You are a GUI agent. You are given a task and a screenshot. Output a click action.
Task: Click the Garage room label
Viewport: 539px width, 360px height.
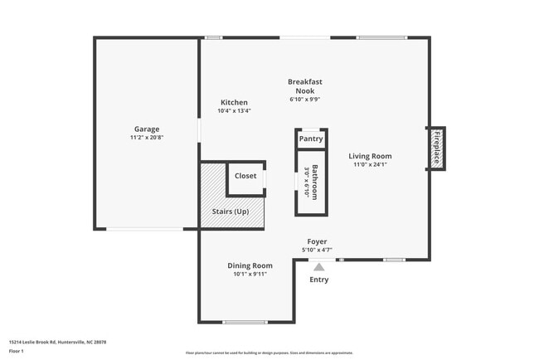[147, 129]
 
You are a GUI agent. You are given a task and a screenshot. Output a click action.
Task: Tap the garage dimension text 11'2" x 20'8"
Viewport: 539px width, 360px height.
[147, 138]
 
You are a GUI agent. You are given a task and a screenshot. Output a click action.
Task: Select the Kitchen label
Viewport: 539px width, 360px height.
[234, 102]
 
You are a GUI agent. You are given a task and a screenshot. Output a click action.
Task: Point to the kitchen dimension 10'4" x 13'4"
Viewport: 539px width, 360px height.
[234, 110]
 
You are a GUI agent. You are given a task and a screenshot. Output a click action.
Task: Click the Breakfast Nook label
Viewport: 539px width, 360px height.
[304, 85]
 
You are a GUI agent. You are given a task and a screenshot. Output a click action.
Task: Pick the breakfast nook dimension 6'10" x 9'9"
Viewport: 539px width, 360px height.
[304, 99]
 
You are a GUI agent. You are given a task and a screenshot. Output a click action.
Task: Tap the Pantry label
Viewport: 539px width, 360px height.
[311, 139]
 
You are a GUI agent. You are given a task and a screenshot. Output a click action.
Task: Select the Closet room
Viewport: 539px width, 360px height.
[245, 176]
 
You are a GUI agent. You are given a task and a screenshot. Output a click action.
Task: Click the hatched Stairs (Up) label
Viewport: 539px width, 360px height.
[231, 212]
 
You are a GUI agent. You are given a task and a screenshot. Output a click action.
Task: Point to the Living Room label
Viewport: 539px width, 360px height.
[370, 156]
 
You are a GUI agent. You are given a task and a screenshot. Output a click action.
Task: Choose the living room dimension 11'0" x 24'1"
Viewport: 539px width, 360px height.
[370, 164]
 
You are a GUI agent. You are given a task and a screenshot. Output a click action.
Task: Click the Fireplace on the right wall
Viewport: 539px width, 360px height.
[436, 148]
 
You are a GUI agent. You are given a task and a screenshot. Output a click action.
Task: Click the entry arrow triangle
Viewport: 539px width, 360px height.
[318, 266]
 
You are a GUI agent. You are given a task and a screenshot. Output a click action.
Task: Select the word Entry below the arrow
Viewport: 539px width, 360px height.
[318, 280]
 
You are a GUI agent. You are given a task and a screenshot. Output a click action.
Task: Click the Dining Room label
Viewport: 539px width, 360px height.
[250, 265]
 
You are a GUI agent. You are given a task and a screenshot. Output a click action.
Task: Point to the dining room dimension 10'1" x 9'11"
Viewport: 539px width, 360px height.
[250, 274]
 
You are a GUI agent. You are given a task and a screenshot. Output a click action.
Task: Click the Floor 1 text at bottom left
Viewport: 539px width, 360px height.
[17, 352]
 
